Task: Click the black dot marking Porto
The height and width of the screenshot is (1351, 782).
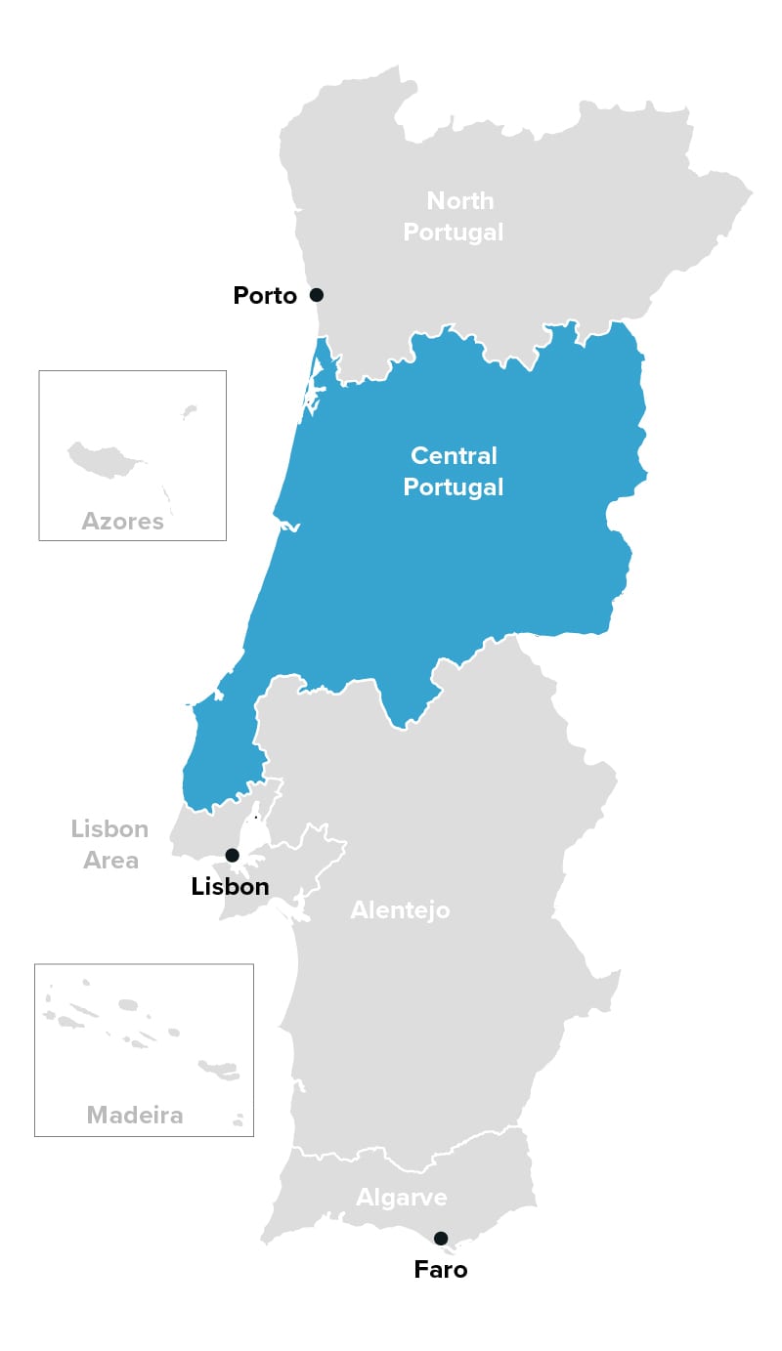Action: [316, 295]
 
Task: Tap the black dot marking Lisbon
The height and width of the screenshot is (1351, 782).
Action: [232, 856]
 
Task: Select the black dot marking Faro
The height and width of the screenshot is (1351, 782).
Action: [441, 1239]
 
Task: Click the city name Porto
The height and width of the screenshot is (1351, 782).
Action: [265, 295]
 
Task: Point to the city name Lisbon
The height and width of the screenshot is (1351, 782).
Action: [230, 887]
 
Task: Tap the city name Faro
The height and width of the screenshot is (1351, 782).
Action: [441, 1270]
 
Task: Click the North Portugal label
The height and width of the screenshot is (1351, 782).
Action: [454, 216]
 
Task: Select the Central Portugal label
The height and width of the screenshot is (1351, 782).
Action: [454, 471]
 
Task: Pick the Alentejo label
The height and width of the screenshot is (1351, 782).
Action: [401, 910]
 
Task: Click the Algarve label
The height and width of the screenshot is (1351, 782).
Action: [402, 1198]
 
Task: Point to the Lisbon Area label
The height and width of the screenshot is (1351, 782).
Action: [109, 845]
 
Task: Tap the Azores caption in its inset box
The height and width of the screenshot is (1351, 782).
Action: [123, 521]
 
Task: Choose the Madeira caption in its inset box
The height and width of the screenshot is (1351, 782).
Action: [135, 1115]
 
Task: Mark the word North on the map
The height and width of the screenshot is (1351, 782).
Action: [460, 201]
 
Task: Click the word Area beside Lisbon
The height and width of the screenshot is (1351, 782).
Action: [111, 861]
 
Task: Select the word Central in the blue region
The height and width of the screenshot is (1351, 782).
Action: [454, 455]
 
